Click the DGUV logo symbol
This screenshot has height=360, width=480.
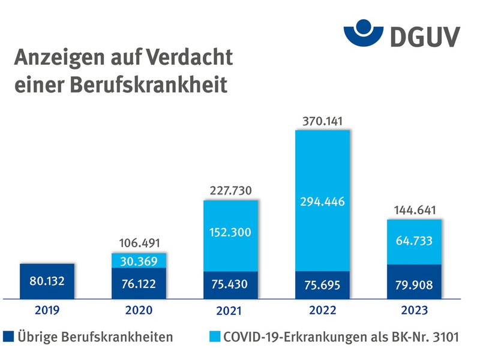[364, 31]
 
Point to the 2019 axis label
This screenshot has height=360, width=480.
[48, 310]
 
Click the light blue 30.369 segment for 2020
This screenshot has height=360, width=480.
[140, 260]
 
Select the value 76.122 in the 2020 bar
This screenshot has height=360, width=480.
[140, 283]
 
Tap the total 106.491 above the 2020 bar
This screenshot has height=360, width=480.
[140, 244]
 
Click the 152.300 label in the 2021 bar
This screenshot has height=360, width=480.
[231, 232]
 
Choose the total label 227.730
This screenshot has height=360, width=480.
[231, 191]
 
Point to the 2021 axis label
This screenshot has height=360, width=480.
[231, 311]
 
